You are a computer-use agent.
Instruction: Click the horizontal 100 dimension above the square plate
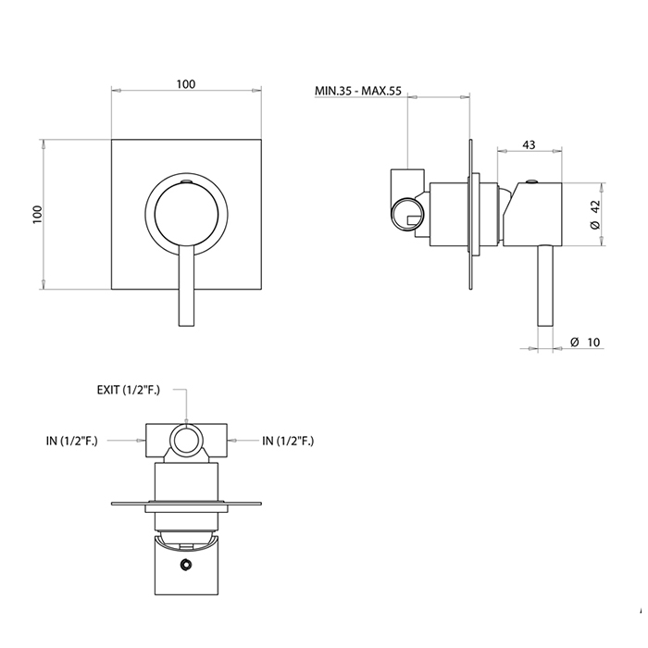point(185,84)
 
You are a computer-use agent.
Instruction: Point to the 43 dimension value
point(529,144)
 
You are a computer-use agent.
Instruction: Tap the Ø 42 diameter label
point(597,214)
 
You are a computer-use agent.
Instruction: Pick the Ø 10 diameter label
point(586,343)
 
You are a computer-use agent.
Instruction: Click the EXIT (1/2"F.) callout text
point(129,390)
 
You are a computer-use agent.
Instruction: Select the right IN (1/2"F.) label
point(288,441)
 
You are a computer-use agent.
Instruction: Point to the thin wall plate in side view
point(476,218)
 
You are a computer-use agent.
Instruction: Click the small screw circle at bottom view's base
point(186,564)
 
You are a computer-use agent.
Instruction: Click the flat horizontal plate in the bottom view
point(185,505)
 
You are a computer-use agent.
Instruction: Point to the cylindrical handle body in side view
point(535,215)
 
